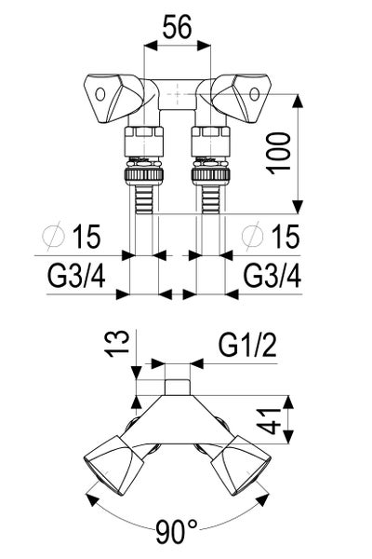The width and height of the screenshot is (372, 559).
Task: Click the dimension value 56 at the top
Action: [178, 27]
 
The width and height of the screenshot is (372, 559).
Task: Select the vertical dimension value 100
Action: [279, 154]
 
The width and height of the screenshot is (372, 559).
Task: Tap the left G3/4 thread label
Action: [76, 277]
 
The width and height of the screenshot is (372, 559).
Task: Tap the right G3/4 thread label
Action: [272, 277]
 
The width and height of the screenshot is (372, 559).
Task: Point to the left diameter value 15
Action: [86, 236]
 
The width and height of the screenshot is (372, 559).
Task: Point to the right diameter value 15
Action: [286, 236]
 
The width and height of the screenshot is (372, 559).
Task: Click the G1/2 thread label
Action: [247, 345]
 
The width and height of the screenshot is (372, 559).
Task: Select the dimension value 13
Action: [117, 344]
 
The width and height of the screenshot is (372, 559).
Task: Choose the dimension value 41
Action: [274, 421]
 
